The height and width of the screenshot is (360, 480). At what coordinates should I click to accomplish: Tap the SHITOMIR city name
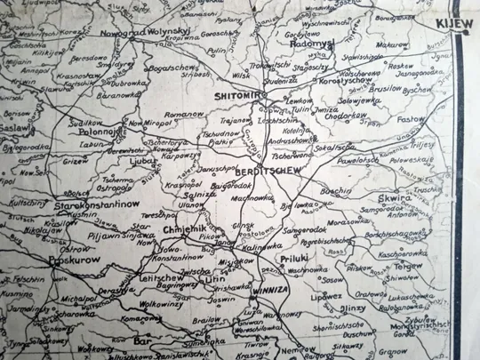click(236, 94)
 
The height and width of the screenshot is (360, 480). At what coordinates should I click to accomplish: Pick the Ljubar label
click(142, 163)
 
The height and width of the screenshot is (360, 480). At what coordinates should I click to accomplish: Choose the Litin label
click(216, 277)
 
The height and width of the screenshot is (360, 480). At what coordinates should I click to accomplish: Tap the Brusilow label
click(387, 89)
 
